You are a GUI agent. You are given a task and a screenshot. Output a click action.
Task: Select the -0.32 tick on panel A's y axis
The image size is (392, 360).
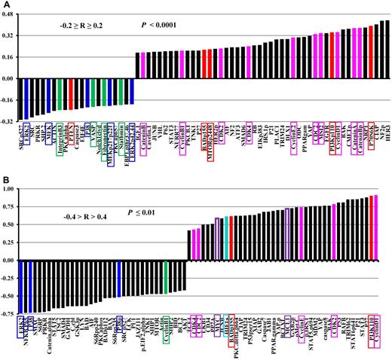point(9,121)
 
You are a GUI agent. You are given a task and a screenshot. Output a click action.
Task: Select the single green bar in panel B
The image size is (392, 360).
point(165,278)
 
